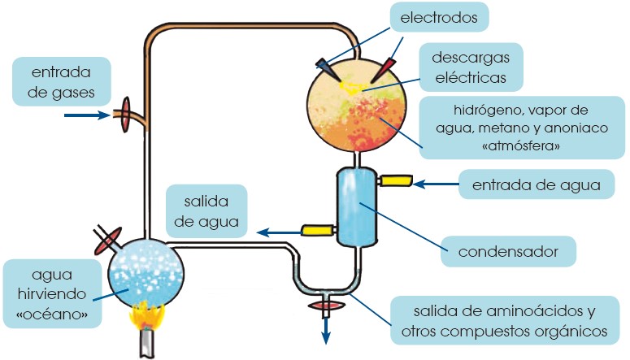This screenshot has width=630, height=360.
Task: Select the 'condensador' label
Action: [508, 250]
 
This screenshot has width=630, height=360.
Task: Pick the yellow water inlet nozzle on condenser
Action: [395, 180]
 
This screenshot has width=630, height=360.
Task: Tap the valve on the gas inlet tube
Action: [126, 115]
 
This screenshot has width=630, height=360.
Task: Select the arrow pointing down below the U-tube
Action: [327, 328]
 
